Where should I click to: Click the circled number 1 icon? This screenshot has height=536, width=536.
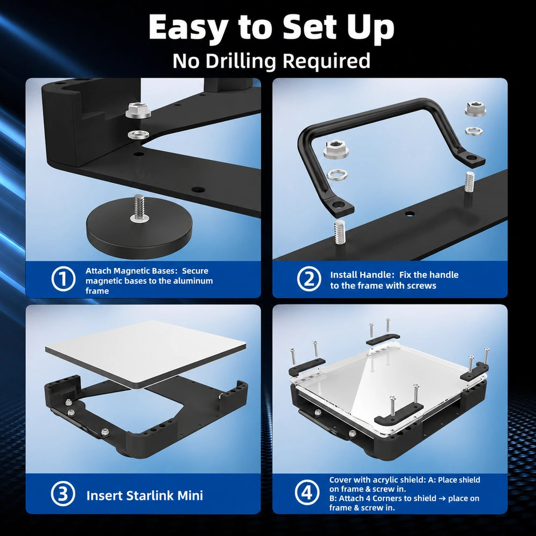(x=63, y=279)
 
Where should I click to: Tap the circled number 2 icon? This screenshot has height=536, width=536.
(x=309, y=279)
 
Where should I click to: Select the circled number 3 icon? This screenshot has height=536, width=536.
(x=63, y=494)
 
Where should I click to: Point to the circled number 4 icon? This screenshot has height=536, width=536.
(x=307, y=493)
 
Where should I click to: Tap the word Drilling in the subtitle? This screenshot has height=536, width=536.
(x=241, y=61)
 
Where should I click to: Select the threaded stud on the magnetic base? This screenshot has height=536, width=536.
(x=139, y=206)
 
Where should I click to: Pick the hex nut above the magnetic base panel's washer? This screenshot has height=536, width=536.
(x=138, y=110)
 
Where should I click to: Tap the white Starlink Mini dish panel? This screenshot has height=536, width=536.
(x=145, y=354)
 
